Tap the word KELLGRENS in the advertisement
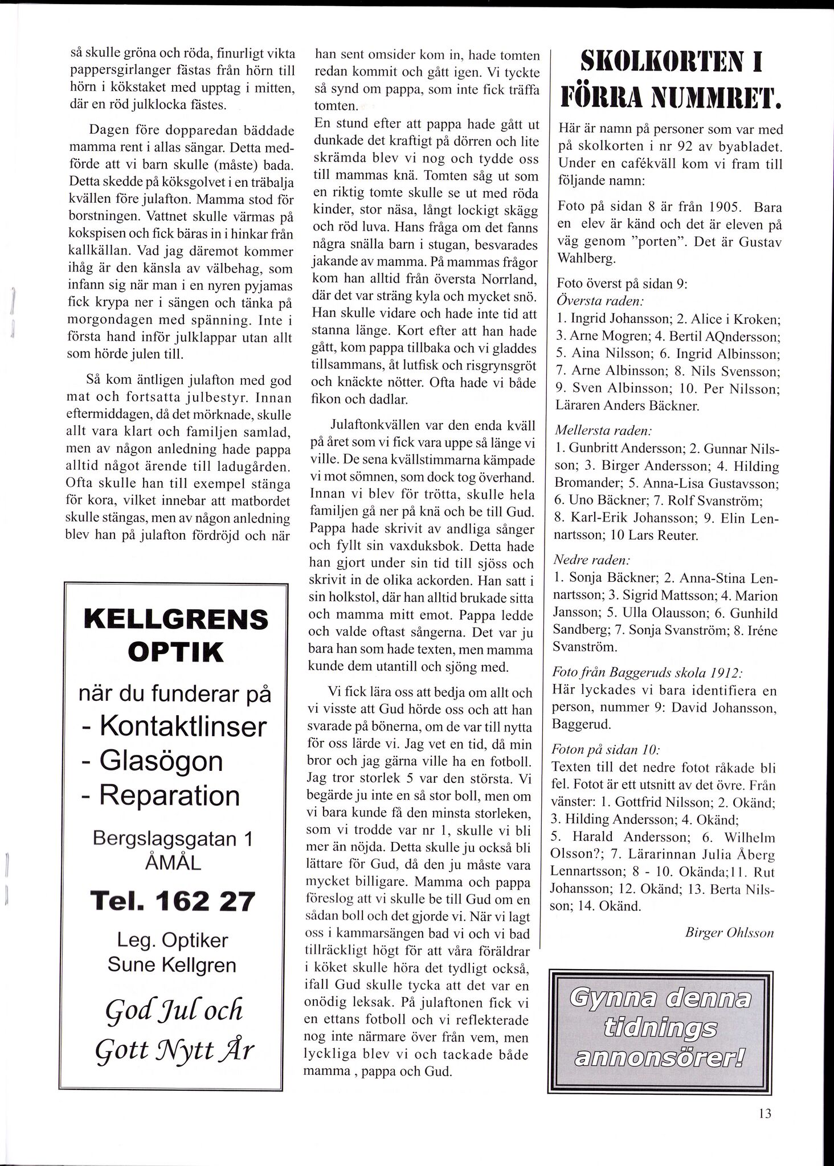click(175, 619)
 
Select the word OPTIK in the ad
click(175, 652)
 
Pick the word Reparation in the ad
click(170, 795)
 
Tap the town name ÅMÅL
click(173, 863)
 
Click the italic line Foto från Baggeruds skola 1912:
click(647, 672)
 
